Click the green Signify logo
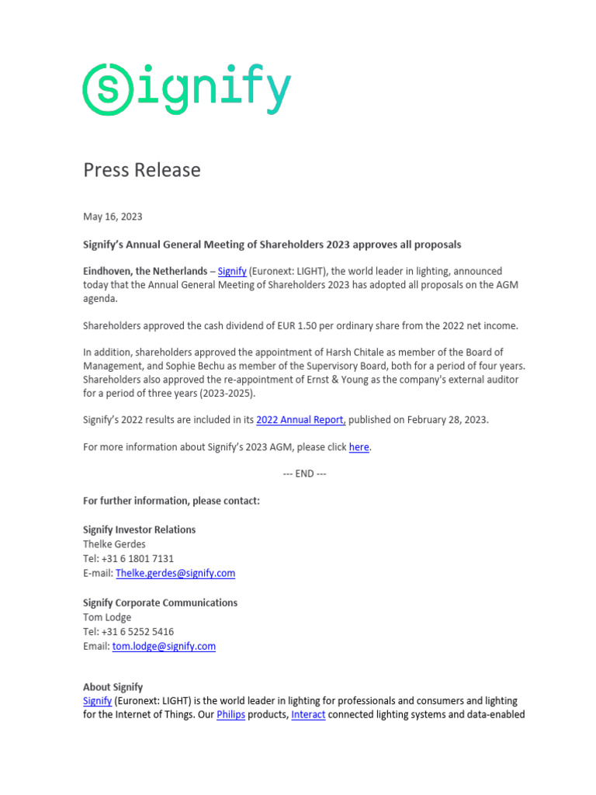coord(187,90)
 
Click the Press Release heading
coord(142,170)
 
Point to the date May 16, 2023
coord(113,217)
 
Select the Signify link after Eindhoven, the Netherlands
coord(232,271)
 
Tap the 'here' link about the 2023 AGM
coord(359,447)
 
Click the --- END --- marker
coord(304,474)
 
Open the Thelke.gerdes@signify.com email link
coord(175,573)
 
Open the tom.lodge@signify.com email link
coord(164,646)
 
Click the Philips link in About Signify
coord(230,714)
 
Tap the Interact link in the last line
coord(308,714)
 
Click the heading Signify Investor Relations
coord(140,529)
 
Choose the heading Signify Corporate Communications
coord(161,602)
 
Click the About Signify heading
coord(113,687)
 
